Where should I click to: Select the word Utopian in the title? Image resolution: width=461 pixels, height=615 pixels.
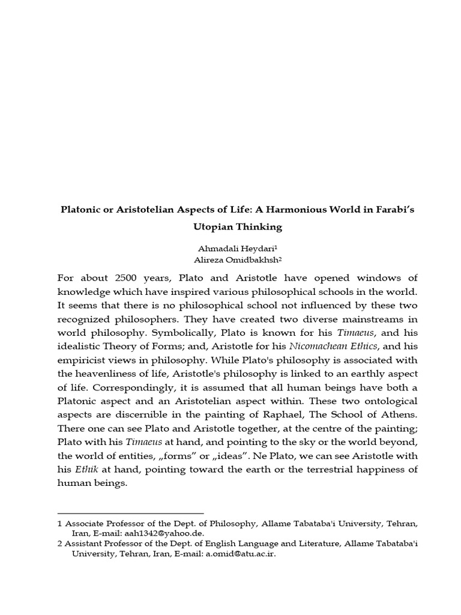213,227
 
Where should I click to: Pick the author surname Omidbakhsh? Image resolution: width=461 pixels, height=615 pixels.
243,259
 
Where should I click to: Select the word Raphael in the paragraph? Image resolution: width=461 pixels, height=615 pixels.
294,414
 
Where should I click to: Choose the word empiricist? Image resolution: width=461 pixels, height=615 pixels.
89,359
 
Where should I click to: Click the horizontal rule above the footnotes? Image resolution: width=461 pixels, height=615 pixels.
130,514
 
